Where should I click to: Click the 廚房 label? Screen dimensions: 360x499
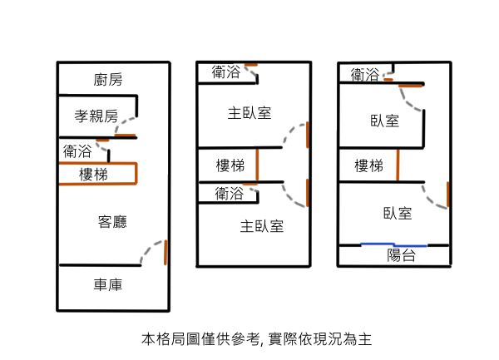(108, 80)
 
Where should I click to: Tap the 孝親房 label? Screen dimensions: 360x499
(96, 116)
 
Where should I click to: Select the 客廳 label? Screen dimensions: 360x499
(111, 221)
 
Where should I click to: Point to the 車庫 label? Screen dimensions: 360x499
(108, 285)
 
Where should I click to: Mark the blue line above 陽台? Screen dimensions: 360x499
(393, 244)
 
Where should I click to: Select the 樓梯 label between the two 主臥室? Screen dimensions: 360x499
(230, 164)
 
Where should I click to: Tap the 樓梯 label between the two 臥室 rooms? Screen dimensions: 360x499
(368, 165)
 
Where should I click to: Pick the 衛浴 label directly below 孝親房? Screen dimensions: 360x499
(77, 151)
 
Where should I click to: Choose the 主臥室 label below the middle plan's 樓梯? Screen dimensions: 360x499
(262, 225)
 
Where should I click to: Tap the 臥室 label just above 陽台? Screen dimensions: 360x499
(398, 213)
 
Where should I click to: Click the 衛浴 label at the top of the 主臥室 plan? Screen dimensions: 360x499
(225, 72)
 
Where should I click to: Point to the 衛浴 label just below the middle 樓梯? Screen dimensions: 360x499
(229, 194)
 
